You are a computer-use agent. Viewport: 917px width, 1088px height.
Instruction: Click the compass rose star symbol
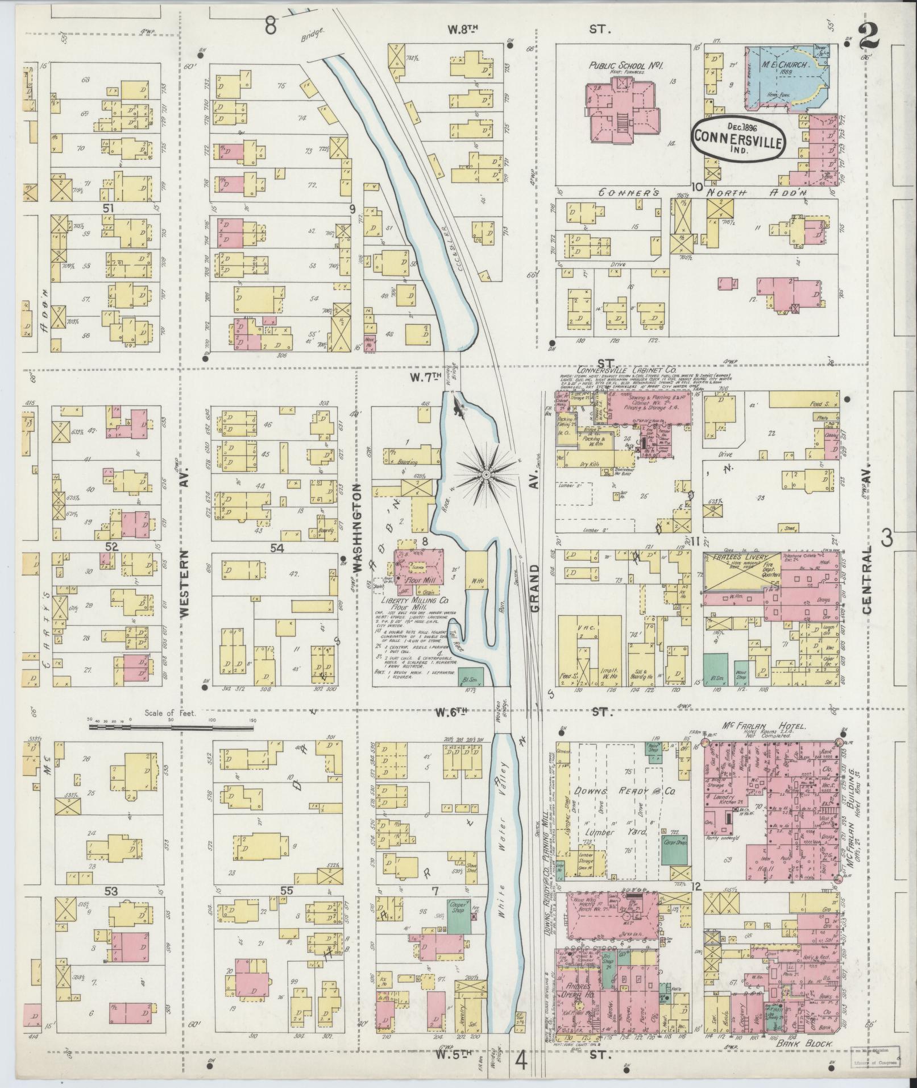click(x=487, y=473)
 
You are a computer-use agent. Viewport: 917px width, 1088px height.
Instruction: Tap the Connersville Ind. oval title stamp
click(x=737, y=139)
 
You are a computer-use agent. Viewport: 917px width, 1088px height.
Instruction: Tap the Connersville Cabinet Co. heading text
click(x=623, y=369)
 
